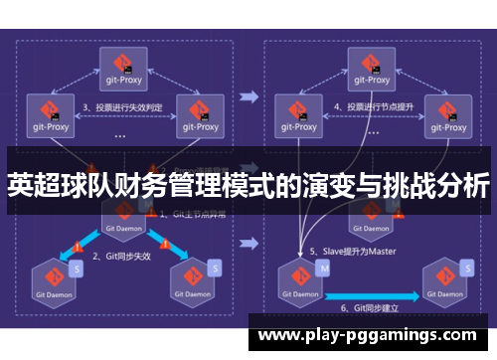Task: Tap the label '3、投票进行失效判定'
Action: click(x=123, y=106)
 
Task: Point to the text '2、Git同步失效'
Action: click(x=123, y=256)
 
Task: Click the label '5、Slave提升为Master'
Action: click(x=353, y=251)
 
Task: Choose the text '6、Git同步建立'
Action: click(x=367, y=308)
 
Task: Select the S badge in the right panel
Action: click(x=462, y=268)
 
